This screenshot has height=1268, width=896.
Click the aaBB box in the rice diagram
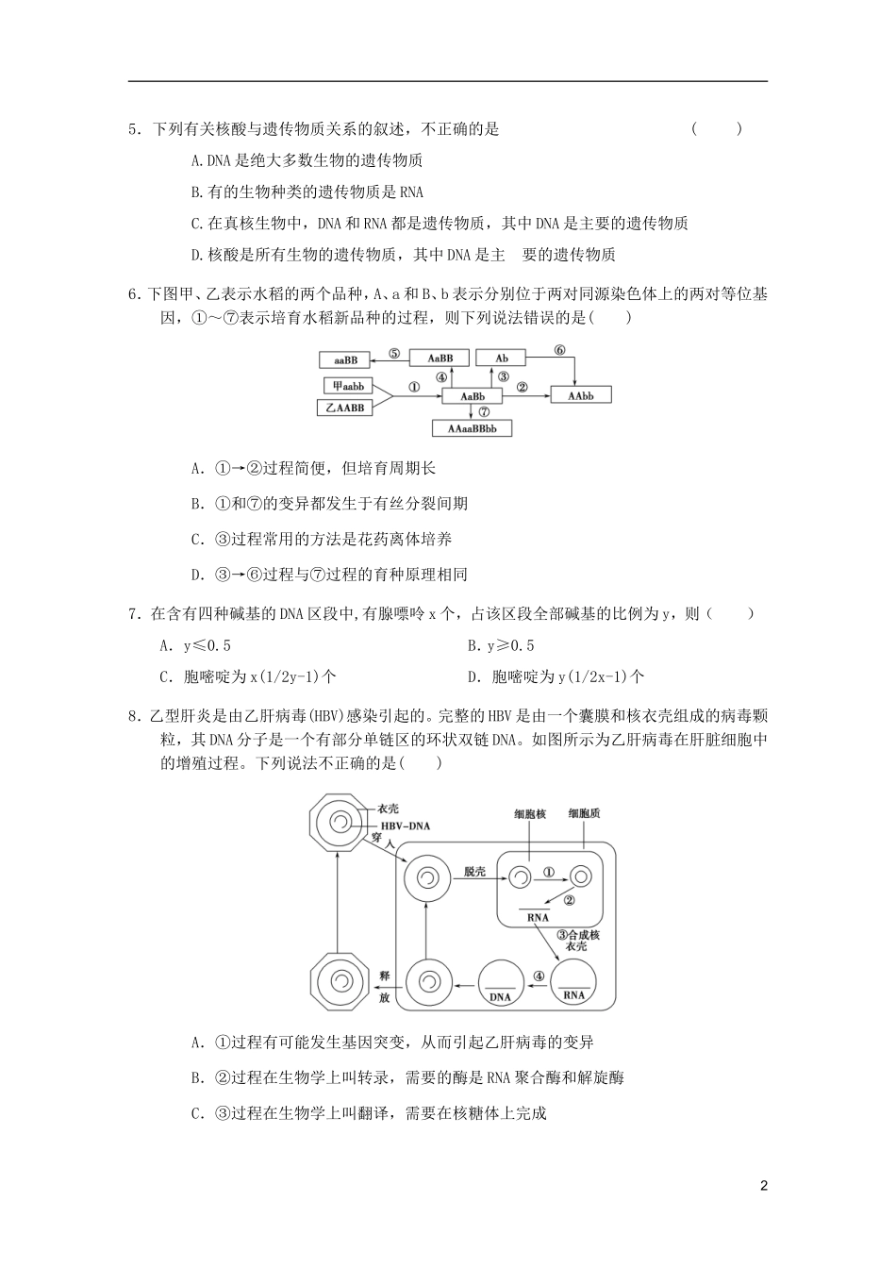pyautogui.click(x=344, y=359)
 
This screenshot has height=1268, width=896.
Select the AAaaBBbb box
pyautogui.click(x=472, y=428)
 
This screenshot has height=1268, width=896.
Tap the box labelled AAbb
pyautogui.click(x=581, y=396)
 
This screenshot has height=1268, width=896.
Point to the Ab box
pyautogui.click(x=501, y=359)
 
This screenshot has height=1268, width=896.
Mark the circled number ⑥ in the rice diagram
pyautogui.click(x=559, y=350)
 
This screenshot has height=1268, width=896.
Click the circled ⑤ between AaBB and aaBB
pyautogui.click(x=394, y=354)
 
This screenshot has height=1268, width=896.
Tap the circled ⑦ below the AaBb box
pyautogui.click(x=484, y=412)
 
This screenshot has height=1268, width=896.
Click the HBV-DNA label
pyautogui.click(x=405, y=826)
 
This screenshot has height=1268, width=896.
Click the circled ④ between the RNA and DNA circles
pyautogui.click(x=539, y=976)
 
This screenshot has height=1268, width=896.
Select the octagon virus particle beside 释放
pyautogui.click(x=337, y=981)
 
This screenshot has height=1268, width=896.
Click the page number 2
pyautogui.click(x=764, y=1186)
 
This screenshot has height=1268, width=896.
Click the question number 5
pyautogui.click(x=133, y=129)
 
